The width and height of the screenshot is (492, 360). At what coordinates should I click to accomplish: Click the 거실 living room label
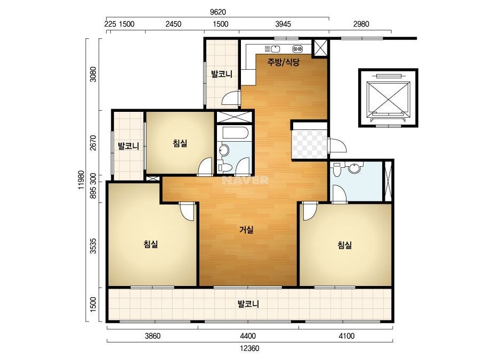[246, 230]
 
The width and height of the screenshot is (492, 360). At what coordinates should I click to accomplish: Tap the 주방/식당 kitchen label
[284, 62]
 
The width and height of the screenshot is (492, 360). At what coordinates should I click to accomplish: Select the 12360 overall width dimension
[249, 348]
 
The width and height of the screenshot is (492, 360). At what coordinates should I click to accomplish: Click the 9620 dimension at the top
[218, 12]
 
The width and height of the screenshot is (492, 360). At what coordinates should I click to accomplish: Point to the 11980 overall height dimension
[82, 179]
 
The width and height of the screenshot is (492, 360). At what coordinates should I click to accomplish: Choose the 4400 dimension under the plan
[248, 336]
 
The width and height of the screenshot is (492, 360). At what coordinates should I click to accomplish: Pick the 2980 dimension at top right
[361, 24]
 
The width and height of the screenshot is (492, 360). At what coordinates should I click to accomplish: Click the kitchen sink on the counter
[272, 49]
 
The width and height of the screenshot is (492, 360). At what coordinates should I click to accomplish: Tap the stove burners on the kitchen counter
[297, 49]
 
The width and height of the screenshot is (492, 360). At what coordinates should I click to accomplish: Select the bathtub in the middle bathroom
[235, 133]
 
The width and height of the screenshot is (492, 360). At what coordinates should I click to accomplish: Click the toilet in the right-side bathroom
[337, 169]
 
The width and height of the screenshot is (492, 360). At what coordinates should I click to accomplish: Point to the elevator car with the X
[389, 98]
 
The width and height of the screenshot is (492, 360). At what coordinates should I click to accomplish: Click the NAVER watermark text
[245, 180]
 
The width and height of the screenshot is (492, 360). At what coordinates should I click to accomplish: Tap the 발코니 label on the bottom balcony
[248, 304]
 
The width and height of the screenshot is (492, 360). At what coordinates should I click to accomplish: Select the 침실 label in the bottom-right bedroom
[344, 244]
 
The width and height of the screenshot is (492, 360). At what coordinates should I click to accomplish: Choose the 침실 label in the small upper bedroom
[180, 143]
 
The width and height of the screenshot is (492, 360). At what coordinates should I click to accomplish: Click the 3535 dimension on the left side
[93, 246]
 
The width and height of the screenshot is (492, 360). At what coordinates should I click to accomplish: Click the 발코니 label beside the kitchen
[222, 74]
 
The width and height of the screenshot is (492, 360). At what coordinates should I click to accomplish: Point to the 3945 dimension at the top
[283, 24]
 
